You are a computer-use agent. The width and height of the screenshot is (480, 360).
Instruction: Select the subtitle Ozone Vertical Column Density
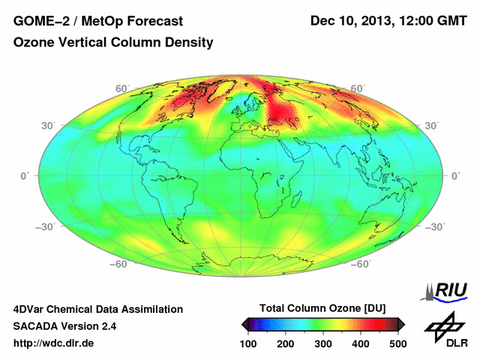tap(113, 43)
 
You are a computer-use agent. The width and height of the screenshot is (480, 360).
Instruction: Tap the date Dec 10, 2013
tap(352, 20)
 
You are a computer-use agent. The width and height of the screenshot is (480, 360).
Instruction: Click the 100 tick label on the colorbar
tap(249, 343)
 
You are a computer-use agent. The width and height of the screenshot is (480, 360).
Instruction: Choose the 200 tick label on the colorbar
tap(286, 343)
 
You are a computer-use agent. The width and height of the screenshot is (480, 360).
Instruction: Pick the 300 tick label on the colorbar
tap(323, 343)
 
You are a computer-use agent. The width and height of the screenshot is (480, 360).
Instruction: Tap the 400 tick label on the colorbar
tap(360, 343)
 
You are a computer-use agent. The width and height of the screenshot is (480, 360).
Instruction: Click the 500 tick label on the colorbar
tap(397, 343)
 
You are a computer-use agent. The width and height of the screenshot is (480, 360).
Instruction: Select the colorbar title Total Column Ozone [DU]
tap(322, 309)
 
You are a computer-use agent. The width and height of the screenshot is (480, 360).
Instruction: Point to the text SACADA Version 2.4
tap(64, 326)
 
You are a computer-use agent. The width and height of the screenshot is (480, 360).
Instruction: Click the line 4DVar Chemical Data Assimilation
tap(97, 309)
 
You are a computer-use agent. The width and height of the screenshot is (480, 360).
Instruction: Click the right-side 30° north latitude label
tap(431, 126)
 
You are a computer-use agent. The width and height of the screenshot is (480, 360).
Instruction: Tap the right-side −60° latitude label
tap(362, 264)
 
